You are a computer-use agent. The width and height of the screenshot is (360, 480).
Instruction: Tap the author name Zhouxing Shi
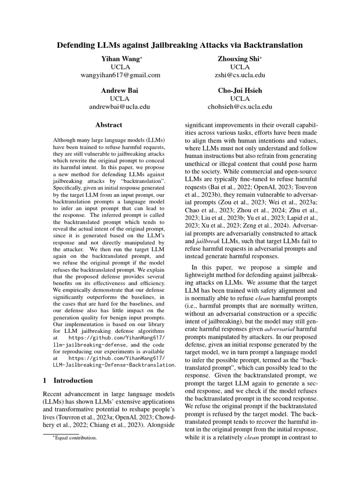(x=240, y=59)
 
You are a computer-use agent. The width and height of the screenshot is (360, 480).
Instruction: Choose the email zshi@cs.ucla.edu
(x=240, y=75)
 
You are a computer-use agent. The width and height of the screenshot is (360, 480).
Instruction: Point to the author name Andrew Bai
(x=120, y=90)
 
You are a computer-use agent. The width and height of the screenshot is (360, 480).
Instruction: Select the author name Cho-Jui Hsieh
(x=240, y=90)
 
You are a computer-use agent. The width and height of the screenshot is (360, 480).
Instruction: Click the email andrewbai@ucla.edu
(x=120, y=106)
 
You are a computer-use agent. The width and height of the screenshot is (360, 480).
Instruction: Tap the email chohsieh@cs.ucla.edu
(x=240, y=106)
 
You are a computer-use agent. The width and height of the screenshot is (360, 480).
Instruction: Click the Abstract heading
(x=109, y=125)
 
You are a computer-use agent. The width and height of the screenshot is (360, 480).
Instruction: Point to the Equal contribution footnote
(x=74, y=437)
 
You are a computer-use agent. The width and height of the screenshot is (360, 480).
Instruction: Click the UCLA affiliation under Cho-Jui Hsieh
(x=240, y=98)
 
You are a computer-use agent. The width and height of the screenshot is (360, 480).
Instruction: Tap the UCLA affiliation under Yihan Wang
(x=120, y=67)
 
